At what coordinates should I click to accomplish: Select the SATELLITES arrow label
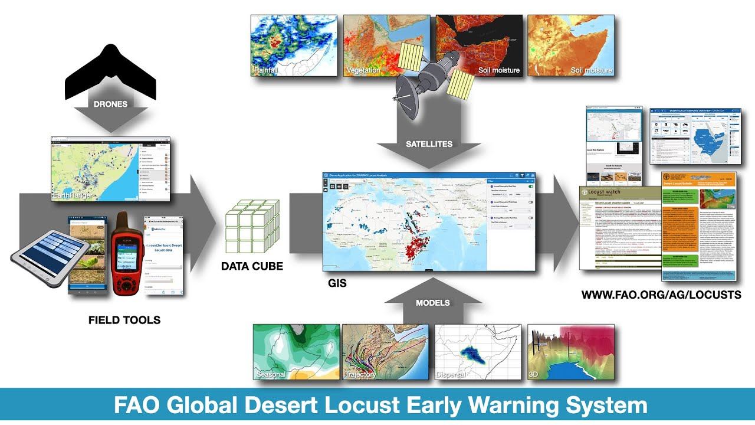tap(429, 143)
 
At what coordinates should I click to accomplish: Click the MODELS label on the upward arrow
tap(432, 303)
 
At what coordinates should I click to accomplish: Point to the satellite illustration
tap(428, 74)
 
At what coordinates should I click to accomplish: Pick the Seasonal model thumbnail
tap(296, 352)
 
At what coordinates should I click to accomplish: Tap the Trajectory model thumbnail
tap(386, 352)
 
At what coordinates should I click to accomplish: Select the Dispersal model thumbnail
tap(478, 352)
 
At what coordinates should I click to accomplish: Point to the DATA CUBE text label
tap(252, 266)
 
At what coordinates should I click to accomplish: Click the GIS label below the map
tap(337, 284)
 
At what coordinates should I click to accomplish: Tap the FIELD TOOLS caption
tap(124, 321)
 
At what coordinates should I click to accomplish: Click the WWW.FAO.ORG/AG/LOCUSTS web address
tap(661, 295)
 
